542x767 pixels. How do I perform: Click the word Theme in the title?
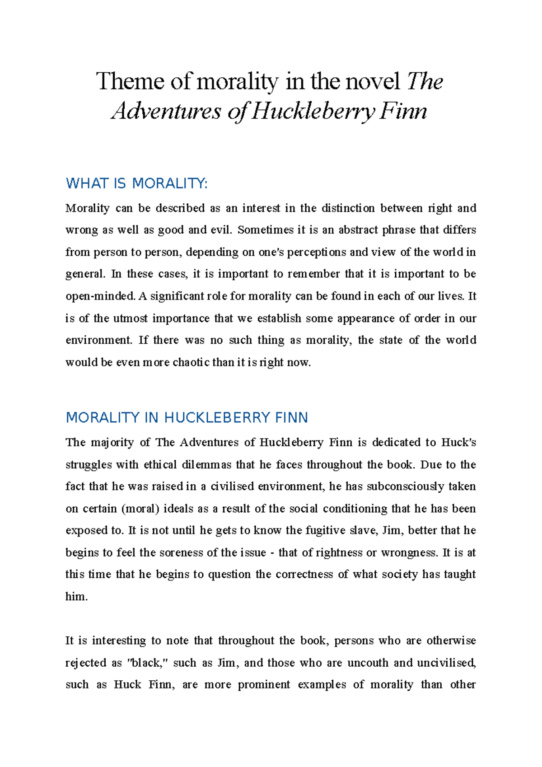pos(130,82)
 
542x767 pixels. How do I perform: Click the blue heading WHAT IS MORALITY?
pos(137,184)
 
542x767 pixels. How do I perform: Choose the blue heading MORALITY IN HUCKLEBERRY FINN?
pos(187,417)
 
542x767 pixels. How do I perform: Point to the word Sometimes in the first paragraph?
pos(265,230)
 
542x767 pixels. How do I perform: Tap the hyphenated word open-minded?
pos(100,296)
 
